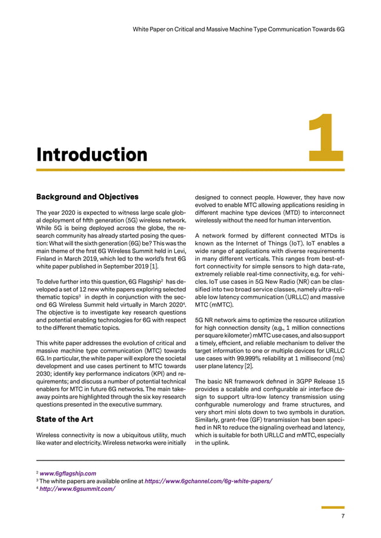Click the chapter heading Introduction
(91, 154)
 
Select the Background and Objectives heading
(87, 196)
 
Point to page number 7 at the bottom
(342, 517)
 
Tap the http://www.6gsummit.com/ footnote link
(77, 489)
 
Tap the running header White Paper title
(238, 28)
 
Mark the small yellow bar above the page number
(333, 508)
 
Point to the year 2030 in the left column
(45, 371)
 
